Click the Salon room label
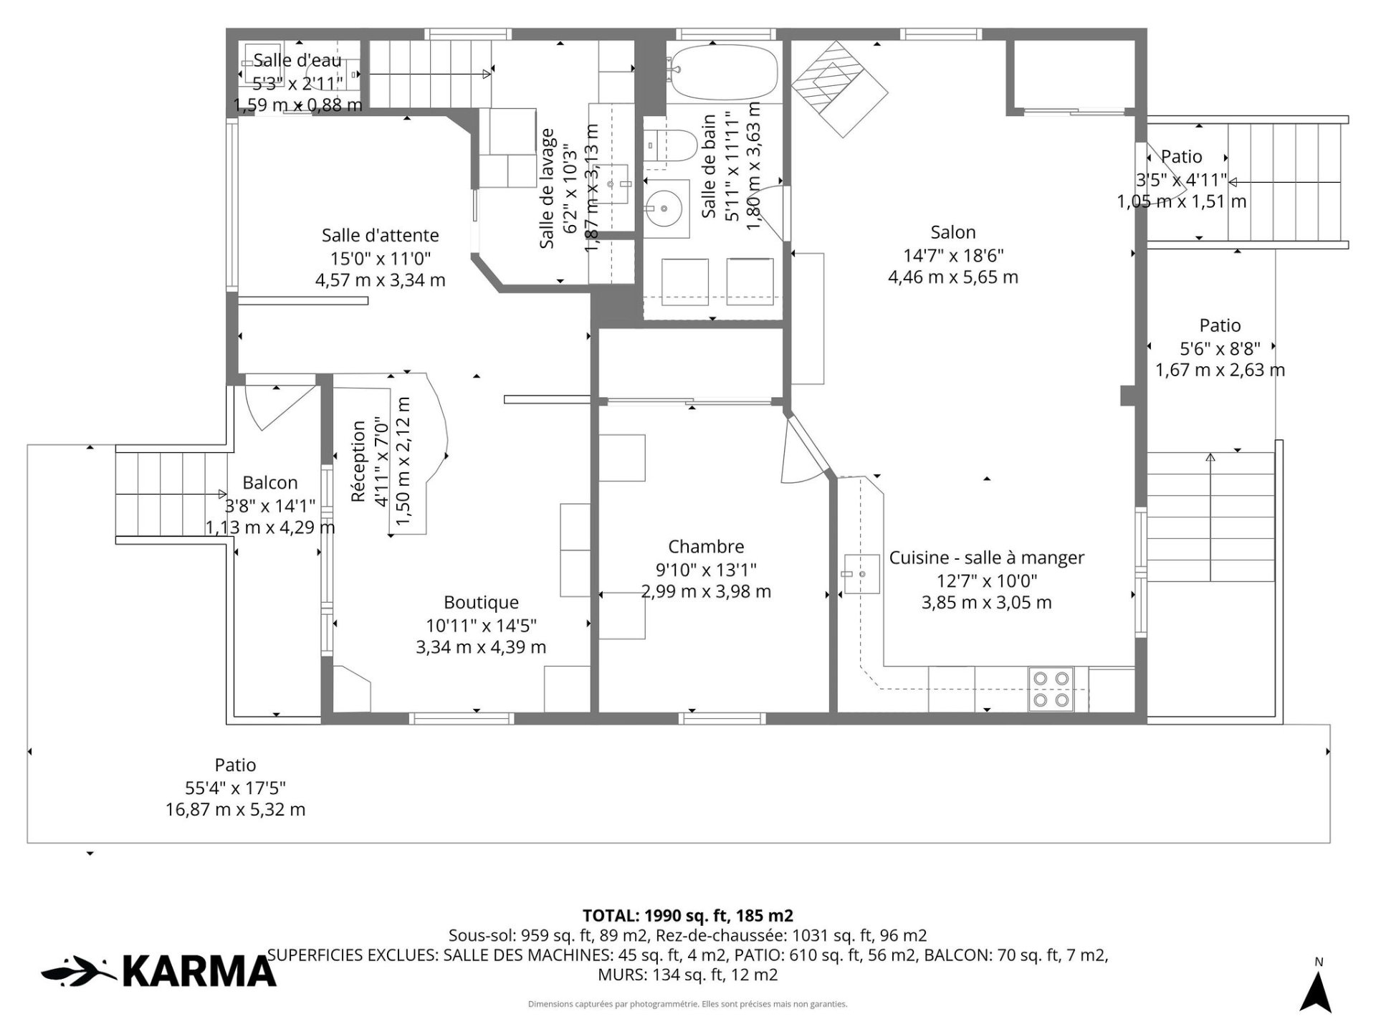click(953, 232)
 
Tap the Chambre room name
click(706, 547)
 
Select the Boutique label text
click(481, 603)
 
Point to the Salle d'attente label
click(380, 235)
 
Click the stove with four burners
click(1051, 689)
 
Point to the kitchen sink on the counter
click(861, 574)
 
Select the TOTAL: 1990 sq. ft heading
click(688, 916)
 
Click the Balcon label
click(270, 483)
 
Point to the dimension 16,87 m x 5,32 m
click(236, 810)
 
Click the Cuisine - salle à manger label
click(987, 558)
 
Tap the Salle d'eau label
click(297, 60)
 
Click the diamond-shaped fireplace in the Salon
click(839, 89)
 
